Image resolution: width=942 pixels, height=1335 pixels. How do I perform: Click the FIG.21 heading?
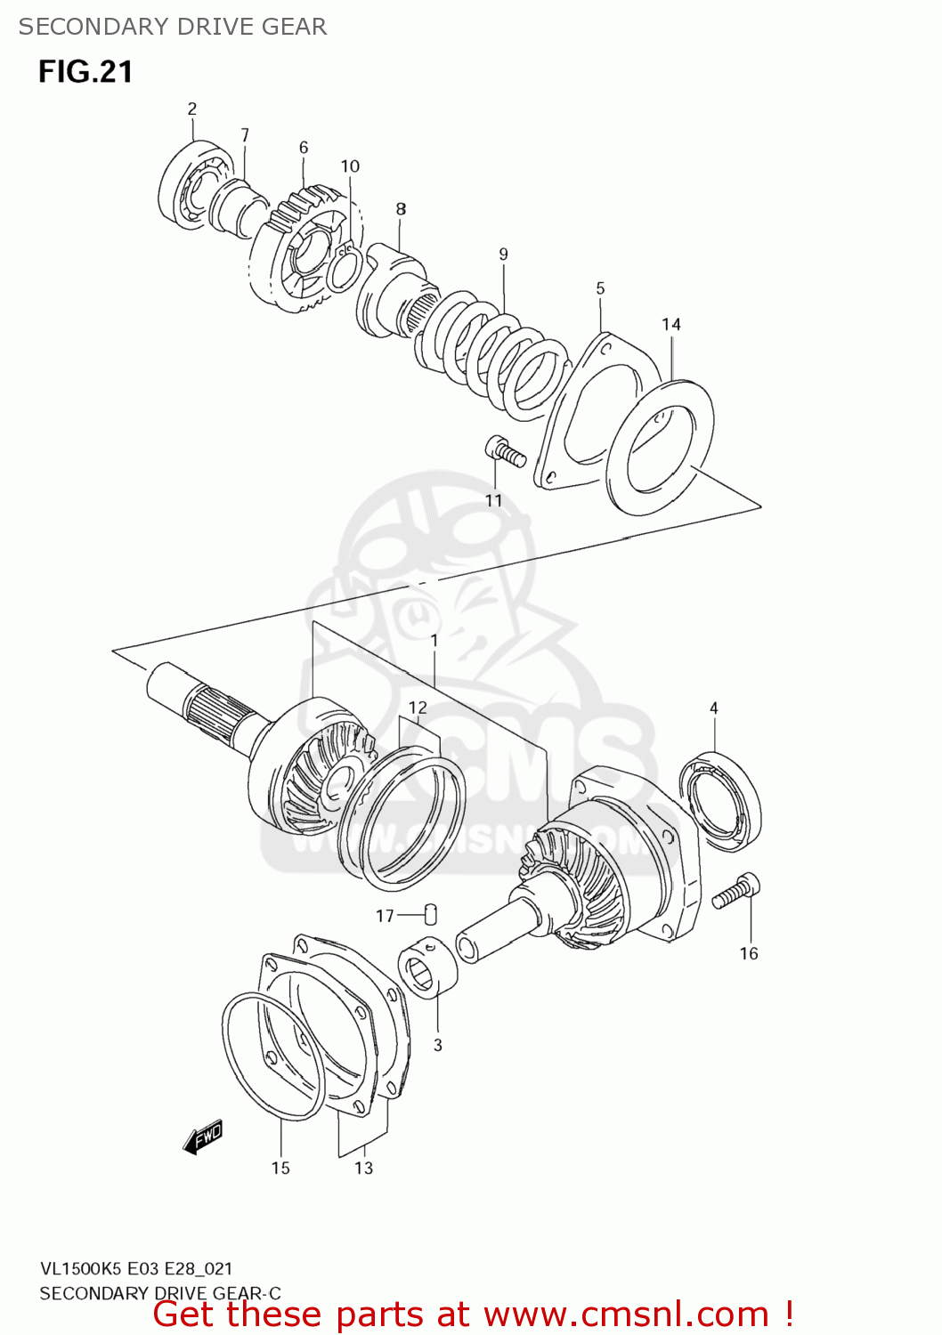(85, 72)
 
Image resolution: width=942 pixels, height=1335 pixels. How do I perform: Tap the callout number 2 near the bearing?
(191, 109)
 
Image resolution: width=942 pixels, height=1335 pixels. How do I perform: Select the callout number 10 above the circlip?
(350, 166)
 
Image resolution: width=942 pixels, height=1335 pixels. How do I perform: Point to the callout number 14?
(670, 325)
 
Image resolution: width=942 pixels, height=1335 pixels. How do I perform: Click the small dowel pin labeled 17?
(430, 913)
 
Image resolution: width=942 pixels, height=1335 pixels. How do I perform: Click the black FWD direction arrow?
(202, 1137)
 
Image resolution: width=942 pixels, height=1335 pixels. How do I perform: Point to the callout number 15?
(280, 1169)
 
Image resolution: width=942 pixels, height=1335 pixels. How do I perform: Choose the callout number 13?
(363, 1169)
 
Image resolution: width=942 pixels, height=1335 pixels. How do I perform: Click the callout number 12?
(418, 708)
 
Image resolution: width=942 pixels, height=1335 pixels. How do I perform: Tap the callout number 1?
(434, 641)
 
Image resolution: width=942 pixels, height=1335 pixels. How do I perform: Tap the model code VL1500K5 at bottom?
(81, 1269)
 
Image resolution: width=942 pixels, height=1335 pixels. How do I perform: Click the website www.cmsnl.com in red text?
(626, 1315)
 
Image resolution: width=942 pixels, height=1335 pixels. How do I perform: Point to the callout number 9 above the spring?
(503, 255)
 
